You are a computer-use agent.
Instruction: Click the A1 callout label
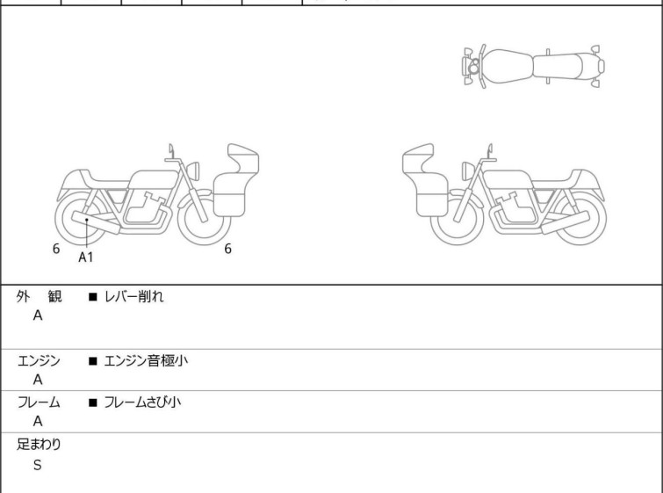click(x=86, y=257)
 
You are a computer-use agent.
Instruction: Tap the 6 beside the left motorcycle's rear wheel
click(x=56, y=249)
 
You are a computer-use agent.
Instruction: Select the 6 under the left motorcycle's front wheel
click(x=227, y=249)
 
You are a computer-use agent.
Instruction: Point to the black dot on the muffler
click(x=87, y=220)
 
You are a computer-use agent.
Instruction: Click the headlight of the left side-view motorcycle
click(x=193, y=171)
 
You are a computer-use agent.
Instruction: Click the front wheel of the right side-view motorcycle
click(x=458, y=219)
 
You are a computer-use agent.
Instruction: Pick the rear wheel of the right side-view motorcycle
click(x=580, y=219)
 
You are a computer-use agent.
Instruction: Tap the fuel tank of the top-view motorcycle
click(x=507, y=67)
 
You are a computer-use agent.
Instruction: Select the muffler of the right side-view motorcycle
click(x=566, y=222)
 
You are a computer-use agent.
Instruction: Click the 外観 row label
click(x=39, y=297)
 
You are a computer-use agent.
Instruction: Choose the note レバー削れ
click(x=133, y=297)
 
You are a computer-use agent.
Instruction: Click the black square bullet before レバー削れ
click(x=93, y=297)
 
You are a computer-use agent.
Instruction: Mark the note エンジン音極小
click(x=146, y=361)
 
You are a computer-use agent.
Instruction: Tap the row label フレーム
click(x=39, y=402)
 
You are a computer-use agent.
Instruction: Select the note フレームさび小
click(x=142, y=402)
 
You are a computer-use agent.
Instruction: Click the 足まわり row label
click(x=39, y=445)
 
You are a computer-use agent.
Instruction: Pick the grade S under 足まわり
click(x=38, y=465)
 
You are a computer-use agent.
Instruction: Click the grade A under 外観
click(x=38, y=315)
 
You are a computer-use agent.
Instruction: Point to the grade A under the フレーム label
click(x=38, y=422)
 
